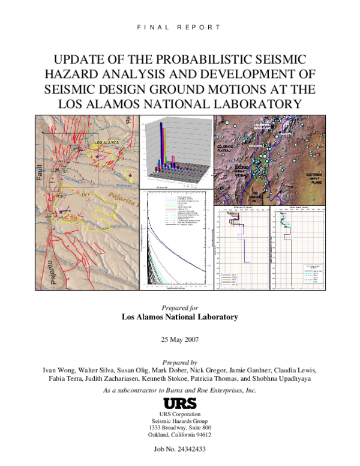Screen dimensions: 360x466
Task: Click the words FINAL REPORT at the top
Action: tap(179, 27)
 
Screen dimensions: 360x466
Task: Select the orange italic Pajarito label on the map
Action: tap(122, 196)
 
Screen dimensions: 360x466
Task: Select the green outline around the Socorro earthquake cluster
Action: tap(259, 171)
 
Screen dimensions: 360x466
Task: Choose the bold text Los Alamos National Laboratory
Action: tap(179, 316)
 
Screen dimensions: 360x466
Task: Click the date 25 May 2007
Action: tap(179, 339)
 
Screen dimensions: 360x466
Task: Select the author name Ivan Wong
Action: tap(52, 370)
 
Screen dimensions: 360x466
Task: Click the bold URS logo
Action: tap(179, 404)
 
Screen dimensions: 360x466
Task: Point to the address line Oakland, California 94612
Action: tap(179, 435)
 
